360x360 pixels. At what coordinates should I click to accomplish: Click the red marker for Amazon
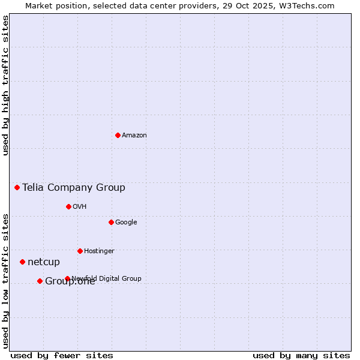(118, 135)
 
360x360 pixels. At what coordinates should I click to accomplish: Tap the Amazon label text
(134, 136)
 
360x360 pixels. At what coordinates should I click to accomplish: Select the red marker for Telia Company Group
(17, 187)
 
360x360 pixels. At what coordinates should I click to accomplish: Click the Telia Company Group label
(74, 188)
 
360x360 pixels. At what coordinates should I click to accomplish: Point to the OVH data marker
(68, 206)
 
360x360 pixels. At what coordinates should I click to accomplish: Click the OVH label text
(80, 207)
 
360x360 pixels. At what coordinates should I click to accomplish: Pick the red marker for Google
(111, 222)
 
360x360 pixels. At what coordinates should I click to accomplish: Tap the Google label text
(126, 223)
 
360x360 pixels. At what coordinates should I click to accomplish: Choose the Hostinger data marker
(80, 251)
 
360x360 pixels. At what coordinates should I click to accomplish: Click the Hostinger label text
(99, 251)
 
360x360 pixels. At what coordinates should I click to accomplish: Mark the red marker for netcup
(22, 262)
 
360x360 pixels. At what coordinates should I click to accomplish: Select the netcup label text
(44, 262)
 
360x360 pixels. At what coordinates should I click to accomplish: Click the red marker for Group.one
(40, 281)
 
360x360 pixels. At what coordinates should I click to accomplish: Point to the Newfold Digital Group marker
(67, 278)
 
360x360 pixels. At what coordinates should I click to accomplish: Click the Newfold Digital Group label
(107, 278)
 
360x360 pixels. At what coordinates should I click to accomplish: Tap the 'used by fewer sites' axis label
(62, 355)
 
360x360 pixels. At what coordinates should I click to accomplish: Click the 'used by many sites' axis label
(301, 355)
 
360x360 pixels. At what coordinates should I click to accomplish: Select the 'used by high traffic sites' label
(5, 85)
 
